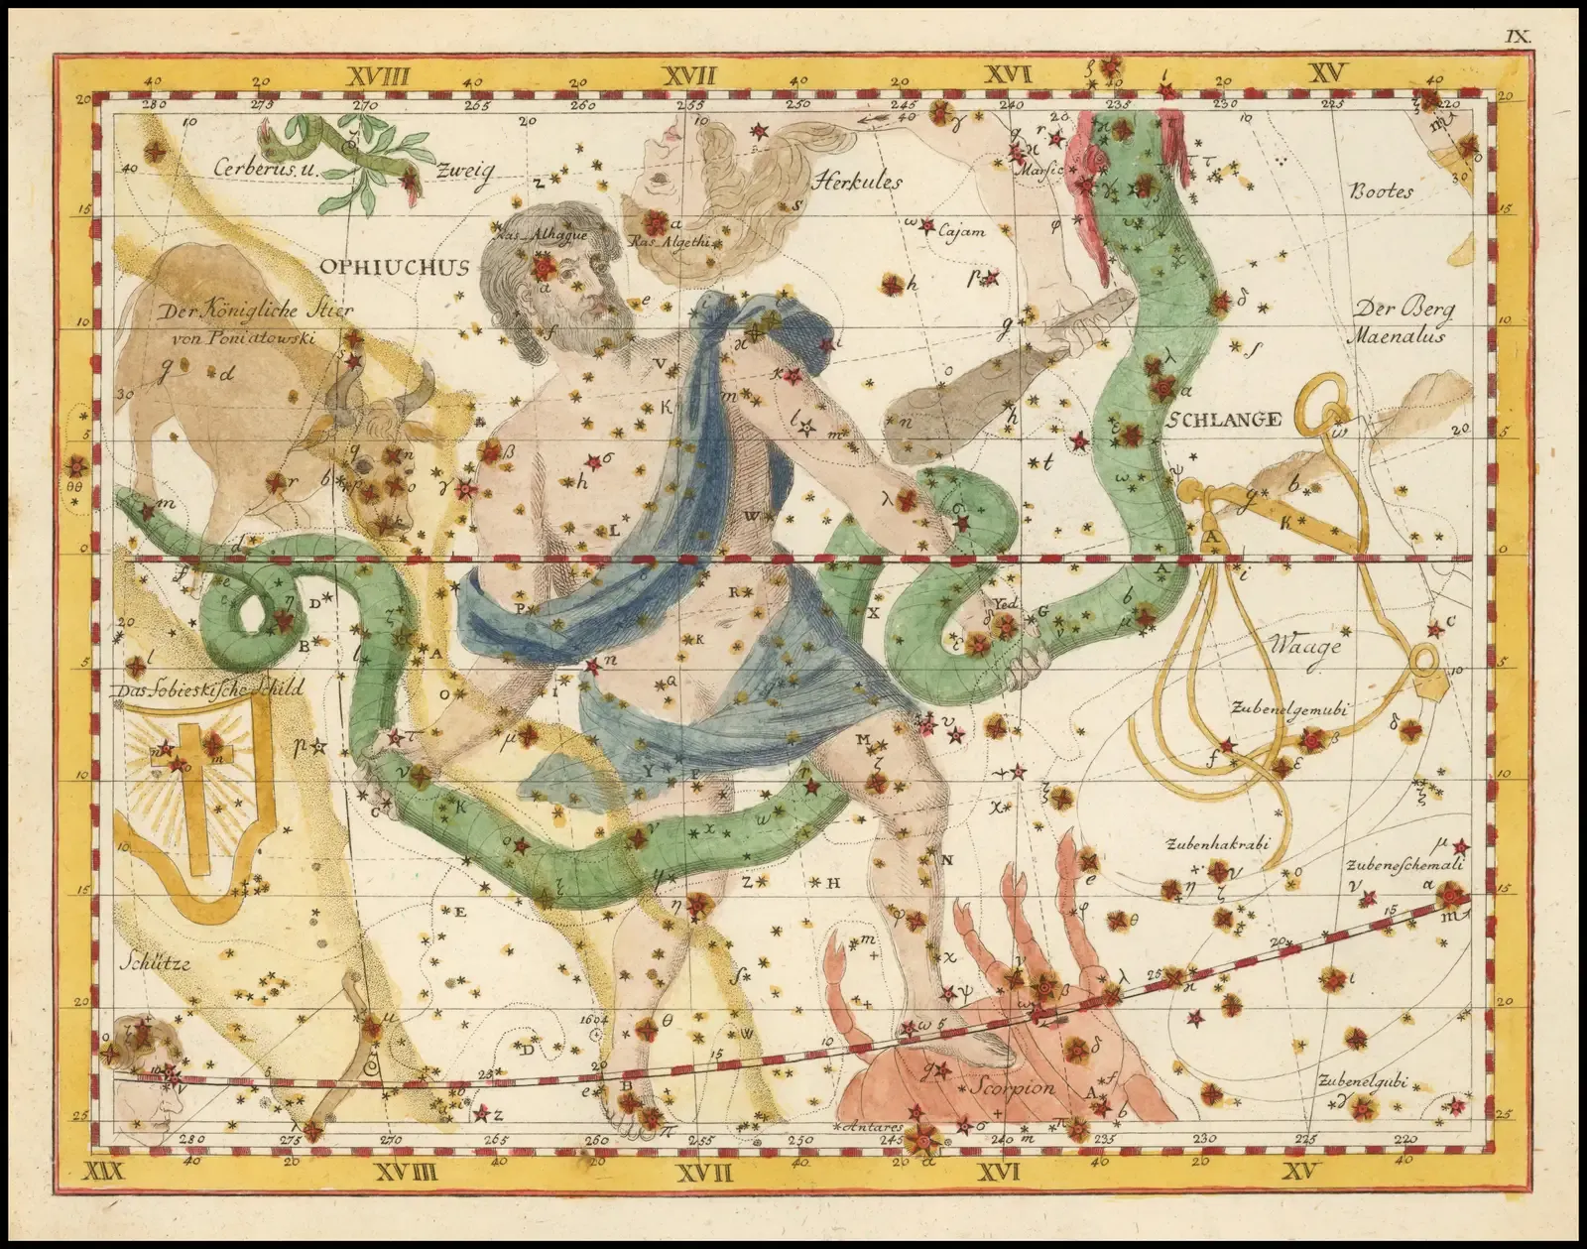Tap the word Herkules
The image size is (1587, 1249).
pos(857,181)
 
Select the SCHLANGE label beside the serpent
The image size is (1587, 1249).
pos(1223,420)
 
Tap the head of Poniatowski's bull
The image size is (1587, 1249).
pos(382,466)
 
